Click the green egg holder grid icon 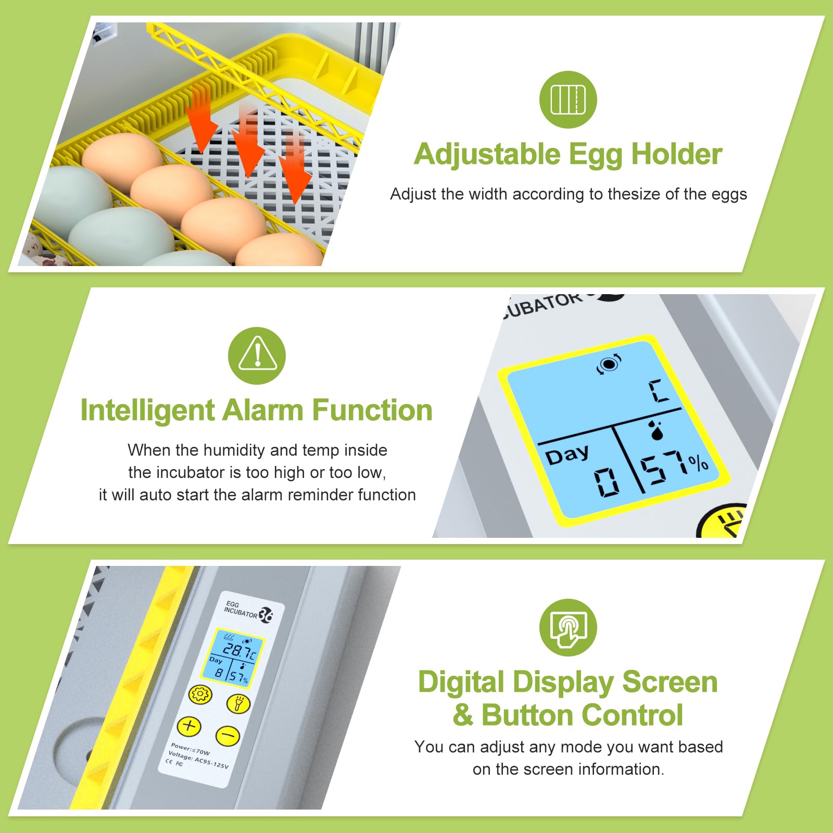pyautogui.click(x=568, y=99)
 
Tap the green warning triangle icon pyautogui.click(x=257, y=356)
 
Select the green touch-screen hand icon pyautogui.click(x=568, y=627)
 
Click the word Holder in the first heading pyautogui.click(x=676, y=154)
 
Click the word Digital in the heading pyautogui.click(x=461, y=683)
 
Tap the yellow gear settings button pyautogui.click(x=200, y=695)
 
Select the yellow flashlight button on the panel pyautogui.click(x=238, y=704)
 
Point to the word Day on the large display pyautogui.click(x=567, y=454)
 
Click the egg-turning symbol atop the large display pyautogui.click(x=609, y=364)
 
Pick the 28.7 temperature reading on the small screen pyautogui.click(x=236, y=650)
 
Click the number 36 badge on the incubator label pyautogui.click(x=266, y=615)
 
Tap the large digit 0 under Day pyautogui.click(x=607, y=482)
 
